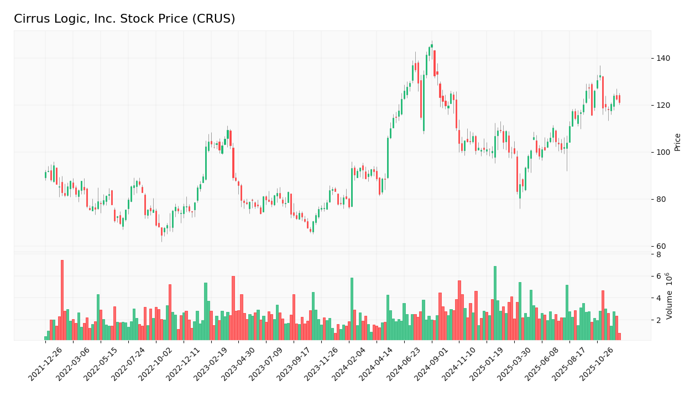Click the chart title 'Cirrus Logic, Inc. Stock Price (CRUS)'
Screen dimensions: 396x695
click(124, 19)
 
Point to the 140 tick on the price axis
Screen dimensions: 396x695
click(662, 58)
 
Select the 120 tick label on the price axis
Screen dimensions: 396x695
click(662, 105)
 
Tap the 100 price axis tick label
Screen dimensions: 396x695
click(662, 152)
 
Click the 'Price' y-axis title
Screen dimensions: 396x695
click(677, 142)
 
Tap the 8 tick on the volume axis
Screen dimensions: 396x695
click(658, 254)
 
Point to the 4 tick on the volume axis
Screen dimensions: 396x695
click(658, 298)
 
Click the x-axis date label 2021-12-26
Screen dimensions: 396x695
click(46, 366)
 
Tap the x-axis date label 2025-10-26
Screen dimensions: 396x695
click(598, 366)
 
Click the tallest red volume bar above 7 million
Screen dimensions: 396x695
click(62, 300)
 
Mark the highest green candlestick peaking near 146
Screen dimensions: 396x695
click(432, 46)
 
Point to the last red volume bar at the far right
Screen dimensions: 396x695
click(619, 336)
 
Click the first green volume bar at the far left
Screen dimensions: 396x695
click(46, 338)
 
